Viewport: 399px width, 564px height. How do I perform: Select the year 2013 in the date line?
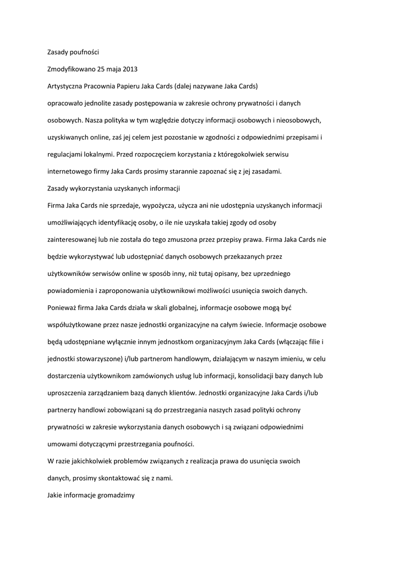[x=130, y=69]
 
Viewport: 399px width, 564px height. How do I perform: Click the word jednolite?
[x=105, y=104]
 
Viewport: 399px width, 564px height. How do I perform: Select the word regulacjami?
[x=65, y=154]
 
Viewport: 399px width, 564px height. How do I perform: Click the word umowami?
[x=62, y=444]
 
